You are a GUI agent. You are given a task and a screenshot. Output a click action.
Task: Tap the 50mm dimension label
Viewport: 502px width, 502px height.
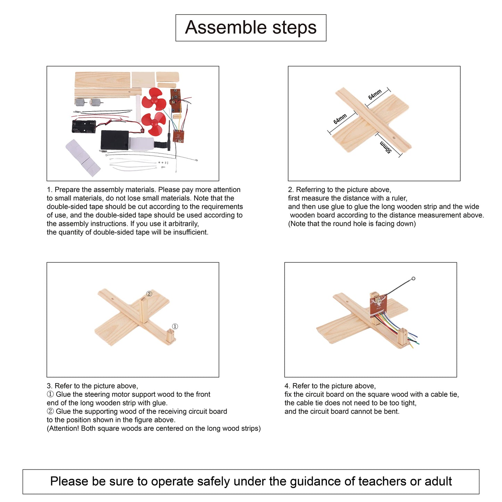pos(386,147)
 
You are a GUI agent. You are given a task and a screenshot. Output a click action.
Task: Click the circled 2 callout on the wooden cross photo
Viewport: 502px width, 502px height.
pos(149,294)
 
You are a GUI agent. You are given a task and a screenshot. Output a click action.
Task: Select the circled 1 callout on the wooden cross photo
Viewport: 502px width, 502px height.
pos(175,327)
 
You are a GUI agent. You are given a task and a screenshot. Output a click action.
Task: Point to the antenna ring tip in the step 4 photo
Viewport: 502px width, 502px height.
pos(413,279)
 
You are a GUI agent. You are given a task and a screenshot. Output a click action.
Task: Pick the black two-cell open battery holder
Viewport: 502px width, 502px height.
pos(84,126)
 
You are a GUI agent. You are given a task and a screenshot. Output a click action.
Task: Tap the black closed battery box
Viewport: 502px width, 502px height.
pos(115,140)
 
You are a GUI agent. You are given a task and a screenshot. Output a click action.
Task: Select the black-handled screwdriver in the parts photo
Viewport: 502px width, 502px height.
pos(169,135)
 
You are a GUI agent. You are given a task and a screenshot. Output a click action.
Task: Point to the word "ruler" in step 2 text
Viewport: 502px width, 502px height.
pos(398,198)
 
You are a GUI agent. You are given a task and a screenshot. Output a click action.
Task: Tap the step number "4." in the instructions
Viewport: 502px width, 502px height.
pos(287,386)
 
